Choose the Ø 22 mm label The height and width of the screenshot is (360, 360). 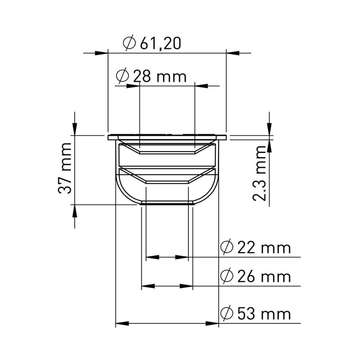(255, 248)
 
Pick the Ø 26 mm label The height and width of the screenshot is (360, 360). (255, 276)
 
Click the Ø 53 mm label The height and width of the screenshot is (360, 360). (255, 314)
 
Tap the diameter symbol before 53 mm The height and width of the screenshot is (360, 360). (226, 314)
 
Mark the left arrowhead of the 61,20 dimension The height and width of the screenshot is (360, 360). (101, 53)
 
